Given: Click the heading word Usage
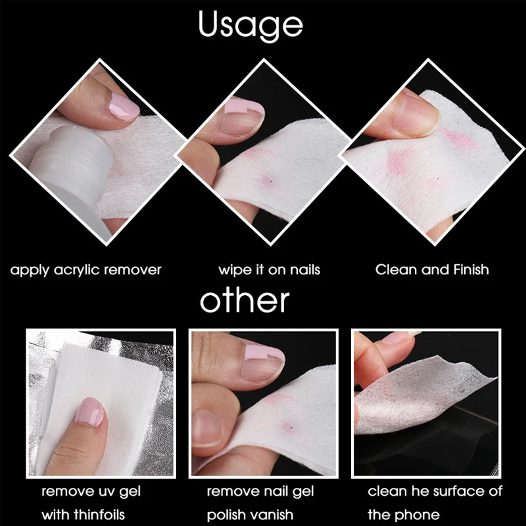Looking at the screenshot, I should [251, 24].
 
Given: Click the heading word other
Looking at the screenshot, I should [245, 300].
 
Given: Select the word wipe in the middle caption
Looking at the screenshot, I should [233, 270].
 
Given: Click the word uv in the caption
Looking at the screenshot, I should [103, 491].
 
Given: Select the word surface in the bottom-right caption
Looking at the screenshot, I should [448, 491].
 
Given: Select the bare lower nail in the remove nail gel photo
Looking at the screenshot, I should [208, 427].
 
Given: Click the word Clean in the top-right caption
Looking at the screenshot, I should [394, 270].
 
